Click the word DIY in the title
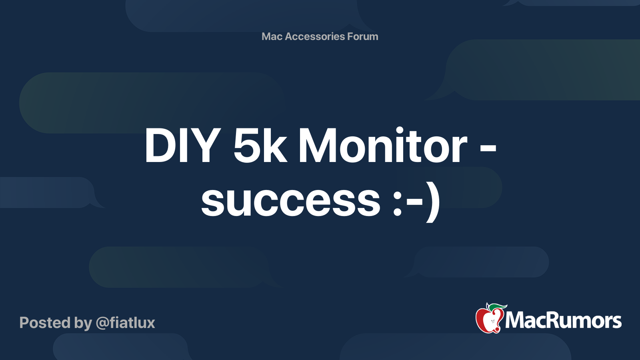(183, 145)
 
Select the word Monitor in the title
(383, 145)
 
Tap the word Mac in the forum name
(272, 36)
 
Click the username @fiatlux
(126, 323)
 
